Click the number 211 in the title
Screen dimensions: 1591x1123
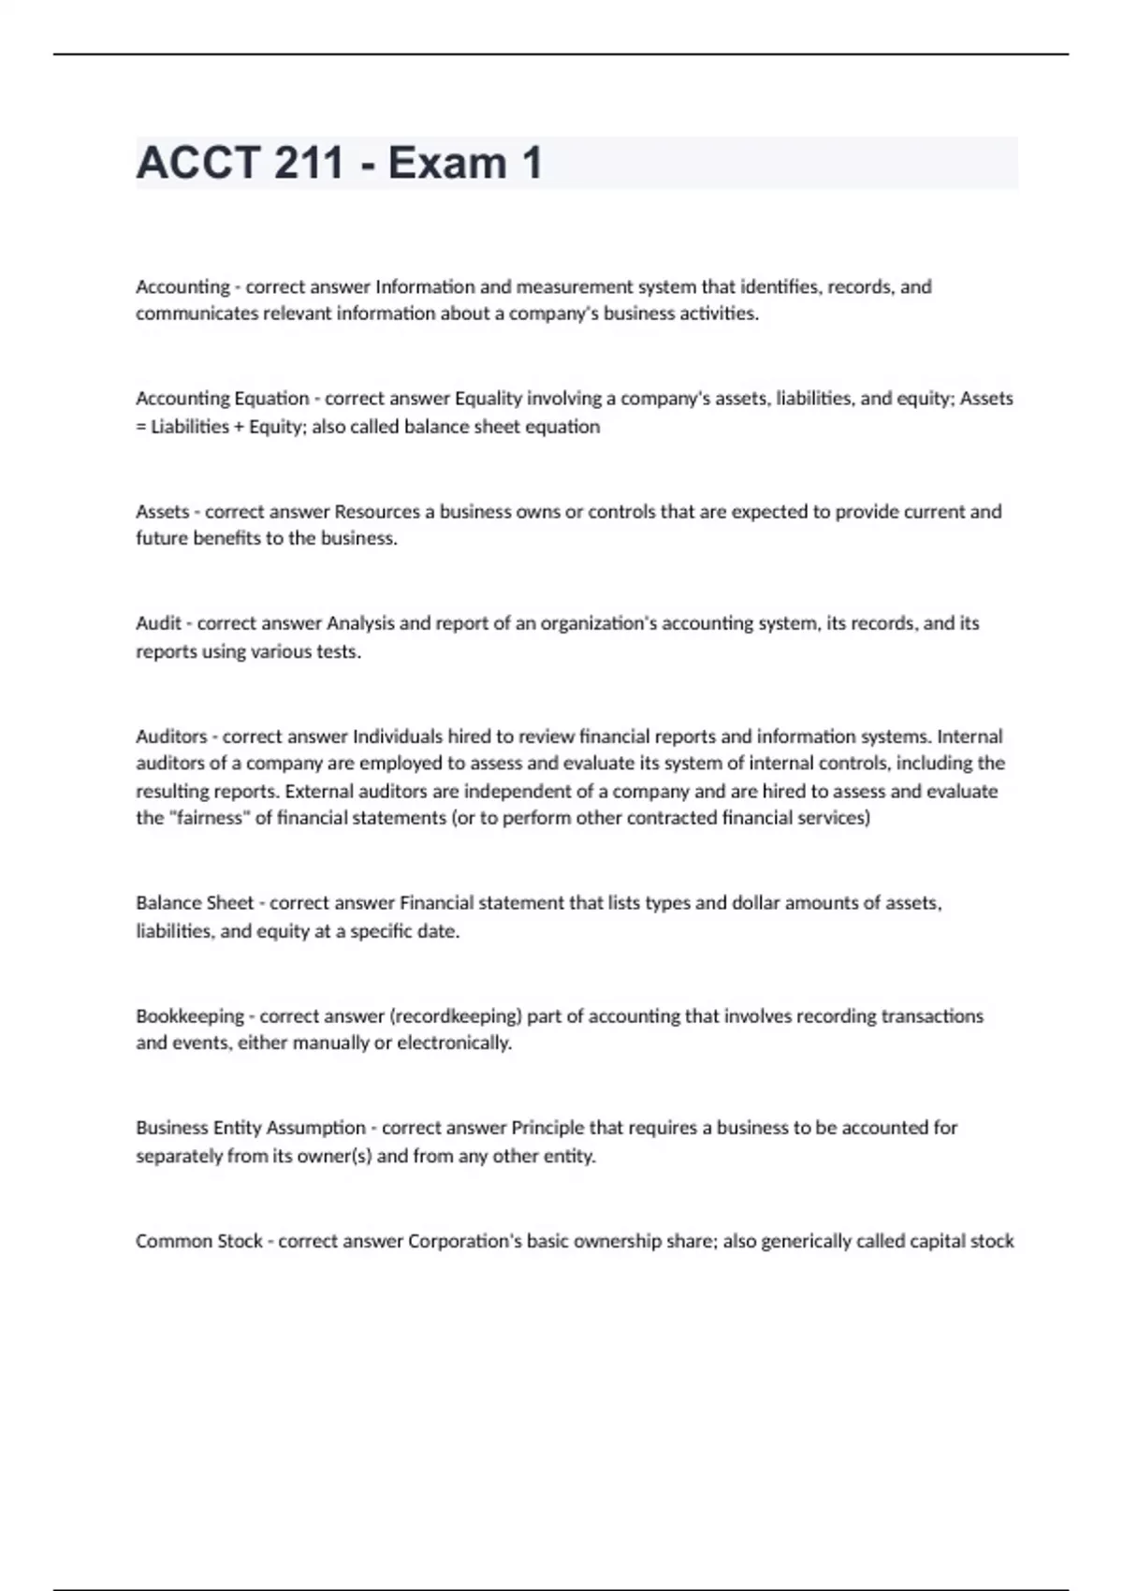[309, 163]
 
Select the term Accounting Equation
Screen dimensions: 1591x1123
[222, 399]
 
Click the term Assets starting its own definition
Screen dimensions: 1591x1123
[162, 512]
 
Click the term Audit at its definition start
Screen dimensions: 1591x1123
[158, 623]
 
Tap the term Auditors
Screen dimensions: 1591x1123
[171, 737]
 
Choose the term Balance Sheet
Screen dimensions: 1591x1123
[195, 903]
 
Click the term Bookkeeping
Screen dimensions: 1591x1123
[190, 1016]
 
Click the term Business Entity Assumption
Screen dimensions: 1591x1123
[251, 1128]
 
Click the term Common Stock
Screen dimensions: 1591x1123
[199, 1241]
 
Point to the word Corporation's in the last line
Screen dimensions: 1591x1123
[465, 1241]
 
